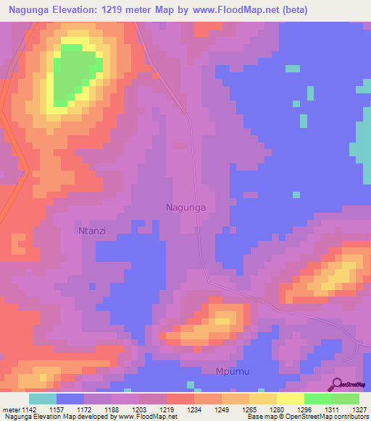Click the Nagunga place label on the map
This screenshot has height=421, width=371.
(186, 207)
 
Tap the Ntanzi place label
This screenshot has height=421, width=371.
(93, 231)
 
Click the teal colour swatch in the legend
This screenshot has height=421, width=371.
(43, 399)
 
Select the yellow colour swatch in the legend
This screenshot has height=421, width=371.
(290, 399)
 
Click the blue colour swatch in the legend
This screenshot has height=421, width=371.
(70, 399)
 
